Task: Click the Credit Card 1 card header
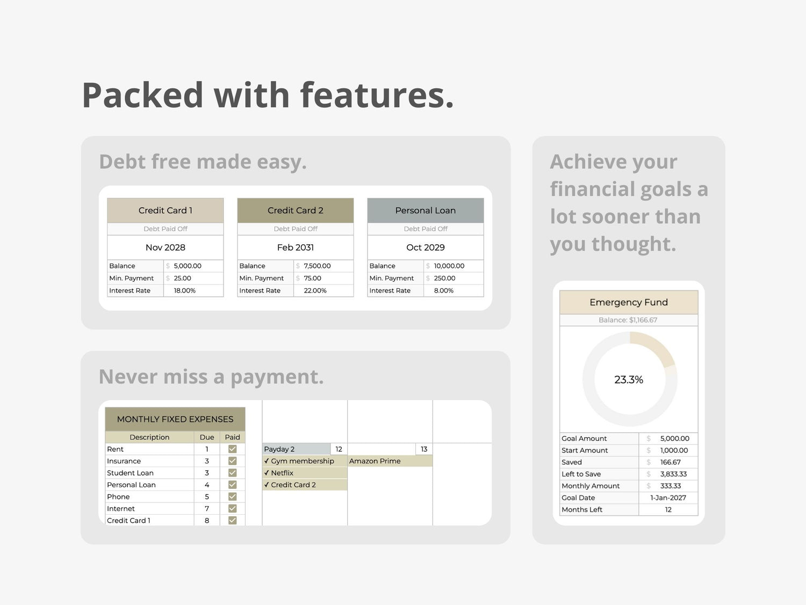click(x=165, y=210)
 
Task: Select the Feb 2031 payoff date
click(x=296, y=247)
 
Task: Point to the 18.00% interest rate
click(x=184, y=290)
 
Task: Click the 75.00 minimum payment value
click(x=312, y=278)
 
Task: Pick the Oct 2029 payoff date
click(x=426, y=247)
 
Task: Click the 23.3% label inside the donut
click(x=629, y=380)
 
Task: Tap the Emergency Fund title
click(x=629, y=302)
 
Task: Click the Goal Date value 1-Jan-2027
click(x=668, y=497)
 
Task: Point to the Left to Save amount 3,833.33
click(x=673, y=474)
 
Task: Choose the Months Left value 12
click(x=668, y=509)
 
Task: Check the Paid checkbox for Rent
click(x=233, y=449)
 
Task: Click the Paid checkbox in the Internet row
click(x=233, y=508)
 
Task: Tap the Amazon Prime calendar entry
click(x=375, y=461)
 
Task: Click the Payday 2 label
click(x=279, y=449)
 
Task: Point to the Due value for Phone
click(x=207, y=496)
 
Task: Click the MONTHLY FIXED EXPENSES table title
click(x=175, y=419)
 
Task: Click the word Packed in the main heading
click(x=142, y=95)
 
